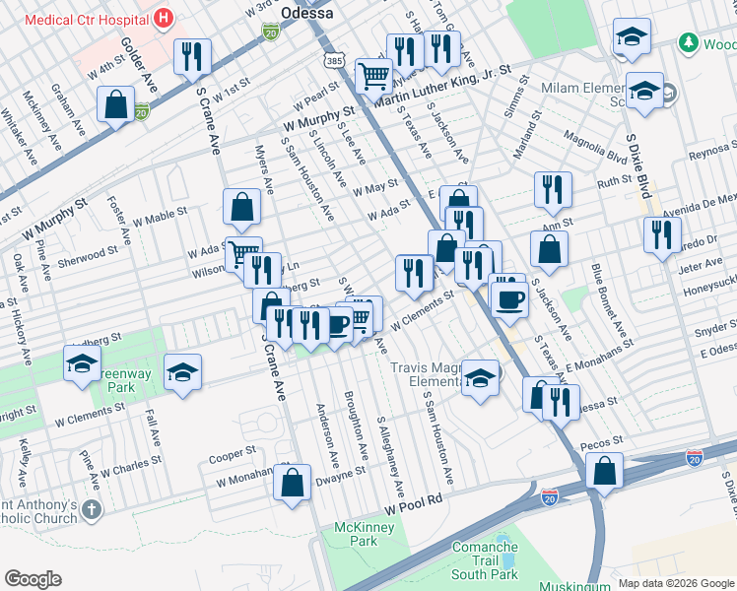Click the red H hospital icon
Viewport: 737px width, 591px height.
164,18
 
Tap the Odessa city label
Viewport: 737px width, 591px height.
307,12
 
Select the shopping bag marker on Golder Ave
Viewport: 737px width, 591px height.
116,105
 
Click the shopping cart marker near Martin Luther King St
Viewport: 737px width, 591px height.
373,75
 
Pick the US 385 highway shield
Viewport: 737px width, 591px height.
335,60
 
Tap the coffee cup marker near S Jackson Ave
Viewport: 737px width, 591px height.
508,298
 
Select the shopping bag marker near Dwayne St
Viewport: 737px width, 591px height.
292,484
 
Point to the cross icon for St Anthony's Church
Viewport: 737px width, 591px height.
91,509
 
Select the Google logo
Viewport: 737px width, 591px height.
33,578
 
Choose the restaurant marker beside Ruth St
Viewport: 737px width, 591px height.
553,188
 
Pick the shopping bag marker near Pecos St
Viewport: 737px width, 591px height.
604,472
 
